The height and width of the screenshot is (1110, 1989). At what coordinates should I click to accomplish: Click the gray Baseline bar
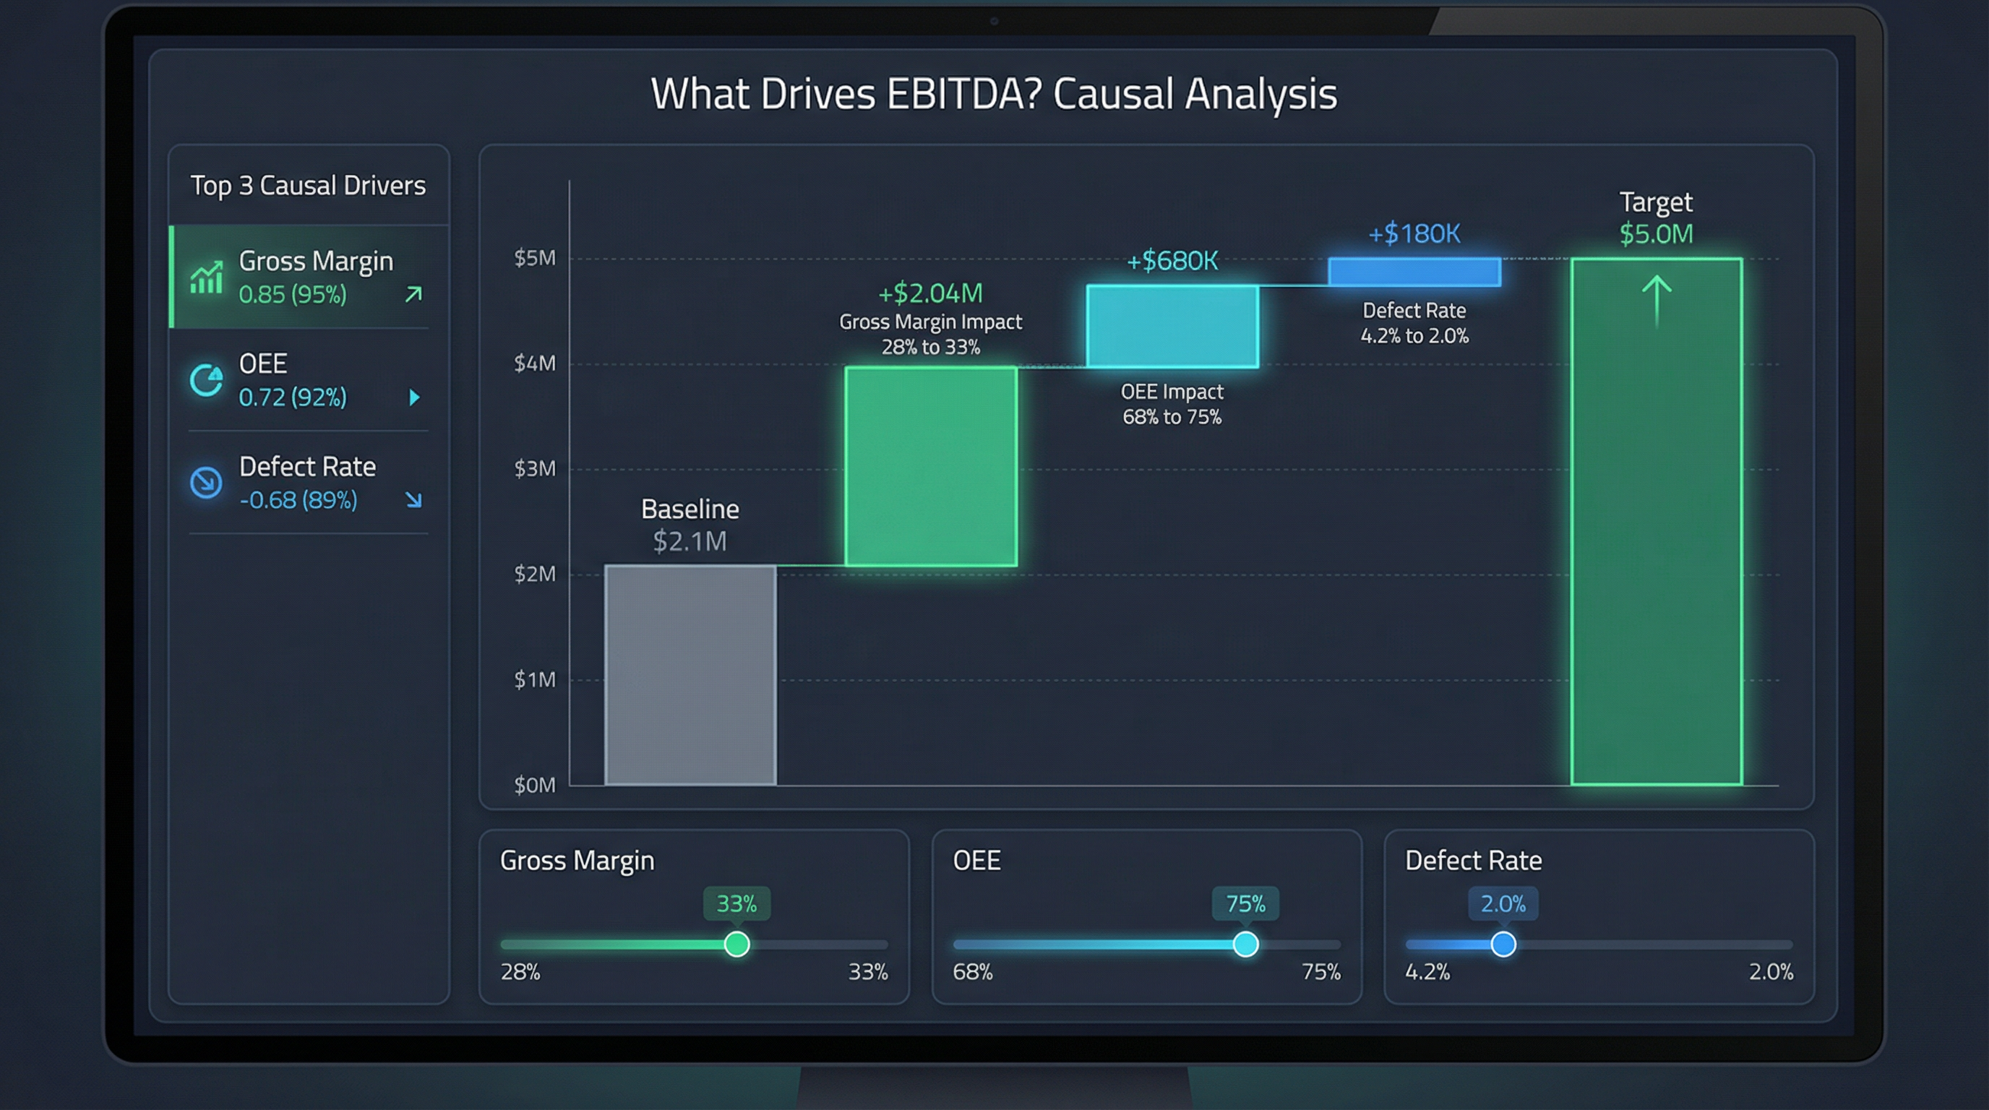coord(690,675)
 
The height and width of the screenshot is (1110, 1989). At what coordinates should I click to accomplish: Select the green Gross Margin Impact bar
coord(930,466)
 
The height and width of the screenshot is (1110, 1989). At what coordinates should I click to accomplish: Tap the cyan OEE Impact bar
coord(1172,326)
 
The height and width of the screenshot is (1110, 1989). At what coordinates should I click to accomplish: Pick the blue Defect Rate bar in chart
coord(1414,272)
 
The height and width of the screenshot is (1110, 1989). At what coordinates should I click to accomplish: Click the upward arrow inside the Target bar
coord(1657,301)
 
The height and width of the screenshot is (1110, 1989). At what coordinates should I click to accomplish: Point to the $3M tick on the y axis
coord(534,468)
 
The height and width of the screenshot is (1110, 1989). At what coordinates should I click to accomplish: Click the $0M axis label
coord(534,785)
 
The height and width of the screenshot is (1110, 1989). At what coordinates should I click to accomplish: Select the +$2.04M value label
coord(930,293)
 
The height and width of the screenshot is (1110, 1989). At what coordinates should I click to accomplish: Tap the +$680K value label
coord(1172,261)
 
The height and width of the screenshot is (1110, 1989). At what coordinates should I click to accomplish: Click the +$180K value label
coord(1414,233)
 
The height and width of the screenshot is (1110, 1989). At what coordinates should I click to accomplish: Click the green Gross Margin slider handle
coord(736,944)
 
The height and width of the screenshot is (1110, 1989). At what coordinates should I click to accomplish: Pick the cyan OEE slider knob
coord(1245,944)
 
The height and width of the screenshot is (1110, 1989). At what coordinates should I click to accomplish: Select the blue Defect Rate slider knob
coord(1503,944)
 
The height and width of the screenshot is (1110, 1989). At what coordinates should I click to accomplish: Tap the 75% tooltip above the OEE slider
coord(1245,903)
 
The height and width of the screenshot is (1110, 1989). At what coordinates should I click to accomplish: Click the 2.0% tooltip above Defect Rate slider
coord(1503,903)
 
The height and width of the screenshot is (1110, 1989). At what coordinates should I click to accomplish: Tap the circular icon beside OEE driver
coord(206,380)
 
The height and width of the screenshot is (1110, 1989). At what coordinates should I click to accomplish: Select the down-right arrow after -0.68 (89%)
coord(414,500)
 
